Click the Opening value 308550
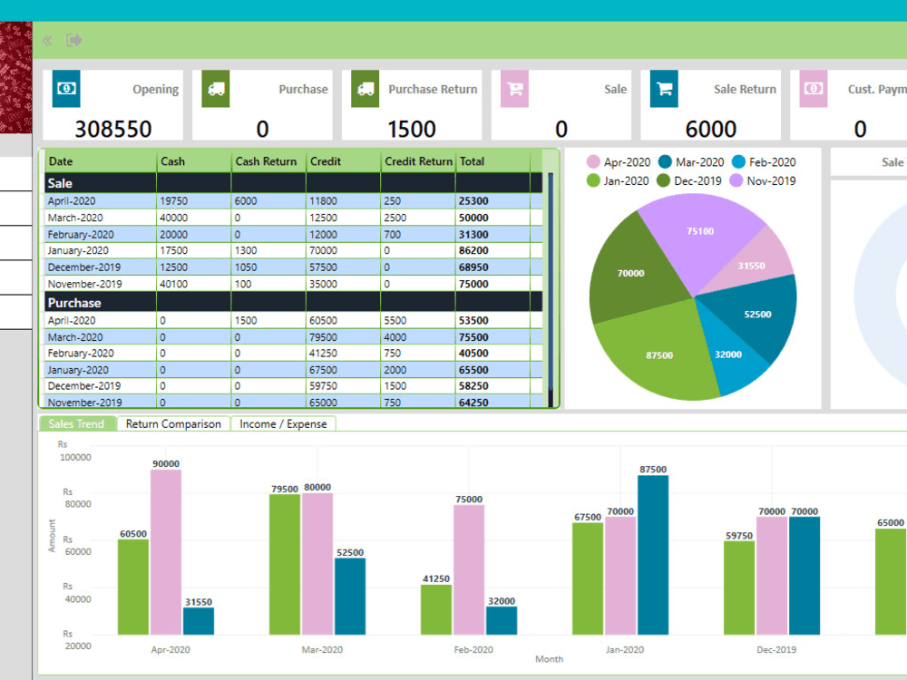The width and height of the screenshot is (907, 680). [x=112, y=129]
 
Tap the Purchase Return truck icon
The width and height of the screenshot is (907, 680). [x=365, y=89]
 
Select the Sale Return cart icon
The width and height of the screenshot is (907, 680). [x=664, y=89]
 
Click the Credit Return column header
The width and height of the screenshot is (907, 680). [x=418, y=161]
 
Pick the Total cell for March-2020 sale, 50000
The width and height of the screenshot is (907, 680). [x=473, y=218]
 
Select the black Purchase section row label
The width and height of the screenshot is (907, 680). [x=74, y=302]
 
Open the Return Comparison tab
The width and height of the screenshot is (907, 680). [x=173, y=423]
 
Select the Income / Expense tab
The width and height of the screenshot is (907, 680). [x=283, y=423]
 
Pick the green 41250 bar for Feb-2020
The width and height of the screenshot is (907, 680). [x=436, y=609]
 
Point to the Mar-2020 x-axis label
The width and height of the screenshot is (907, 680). [x=322, y=649]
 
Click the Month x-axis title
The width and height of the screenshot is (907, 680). [x=549, y=659]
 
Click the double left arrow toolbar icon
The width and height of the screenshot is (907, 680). [x=47, y=40]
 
